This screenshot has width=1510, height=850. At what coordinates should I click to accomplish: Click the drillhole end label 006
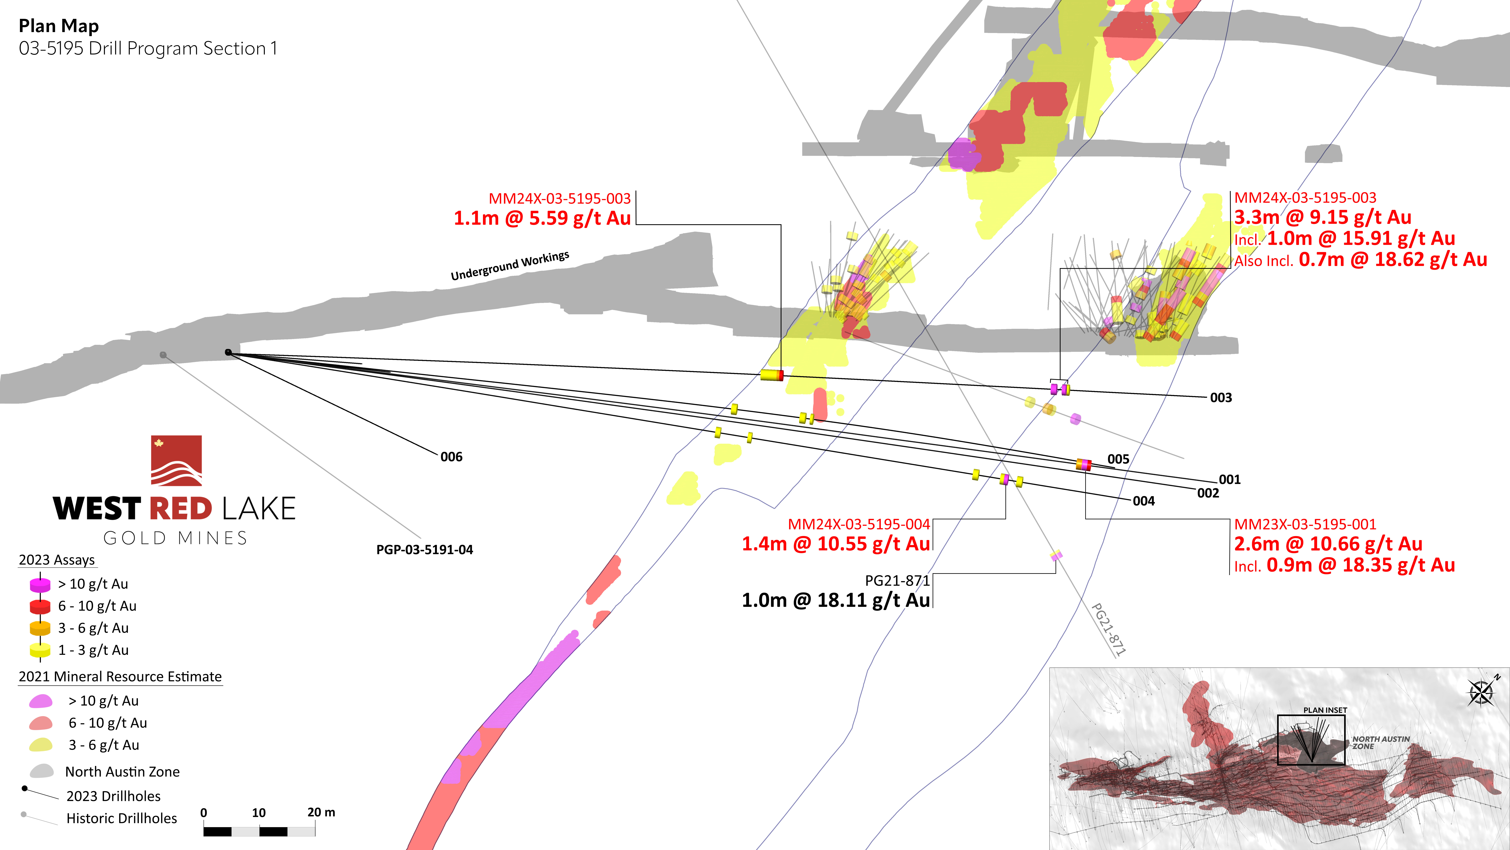[x=451, y=457]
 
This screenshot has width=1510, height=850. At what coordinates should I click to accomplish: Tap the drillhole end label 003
[x=1221, y=398]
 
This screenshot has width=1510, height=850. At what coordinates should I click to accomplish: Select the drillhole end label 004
[x=1144, y=501]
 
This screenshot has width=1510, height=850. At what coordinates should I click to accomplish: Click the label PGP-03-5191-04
[x=424, y=550]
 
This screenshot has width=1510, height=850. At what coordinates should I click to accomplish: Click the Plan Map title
[x=59, y=26]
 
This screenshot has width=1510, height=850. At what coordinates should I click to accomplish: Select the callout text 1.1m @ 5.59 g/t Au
[x=542, y=218]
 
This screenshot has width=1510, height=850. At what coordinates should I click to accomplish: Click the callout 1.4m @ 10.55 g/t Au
[x=836, y=544]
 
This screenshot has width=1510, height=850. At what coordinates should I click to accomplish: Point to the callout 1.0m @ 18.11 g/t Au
[x=836, y=600]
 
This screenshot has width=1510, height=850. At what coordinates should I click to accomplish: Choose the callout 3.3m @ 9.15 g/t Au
[x=1322, y=217]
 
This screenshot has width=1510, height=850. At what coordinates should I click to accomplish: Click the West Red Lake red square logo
[x=176, y=460]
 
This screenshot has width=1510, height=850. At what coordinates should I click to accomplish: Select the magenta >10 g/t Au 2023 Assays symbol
[x=40, y=585]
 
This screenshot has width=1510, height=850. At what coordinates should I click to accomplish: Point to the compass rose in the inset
[x=1481, y=692]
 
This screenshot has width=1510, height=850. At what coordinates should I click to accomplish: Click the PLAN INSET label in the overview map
[x=1325, y=710]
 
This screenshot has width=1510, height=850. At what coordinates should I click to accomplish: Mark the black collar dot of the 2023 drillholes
[x=228, y=352]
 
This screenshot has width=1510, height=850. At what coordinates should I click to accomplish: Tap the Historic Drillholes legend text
[x=121, y=818]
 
